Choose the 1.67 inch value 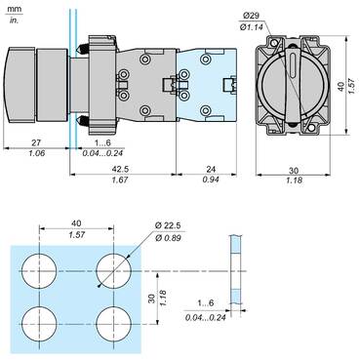pyautogui.click(x=119, y=180)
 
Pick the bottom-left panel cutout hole pyautogui.click(x=40, y=321)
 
